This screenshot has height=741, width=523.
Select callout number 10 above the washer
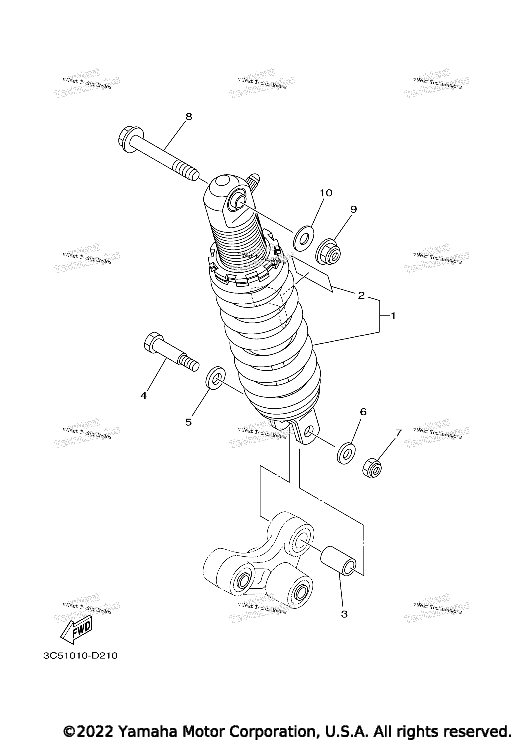point(326,193)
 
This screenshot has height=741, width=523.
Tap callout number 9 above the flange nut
point(354,209)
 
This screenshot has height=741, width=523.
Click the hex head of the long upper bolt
point(130,141)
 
